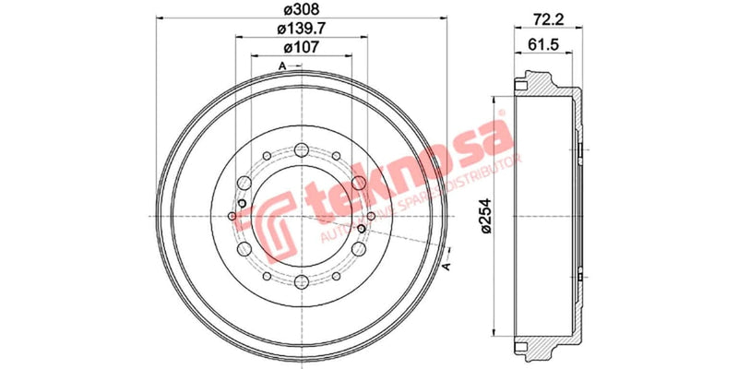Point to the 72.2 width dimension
546,17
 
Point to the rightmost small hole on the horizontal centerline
370,217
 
